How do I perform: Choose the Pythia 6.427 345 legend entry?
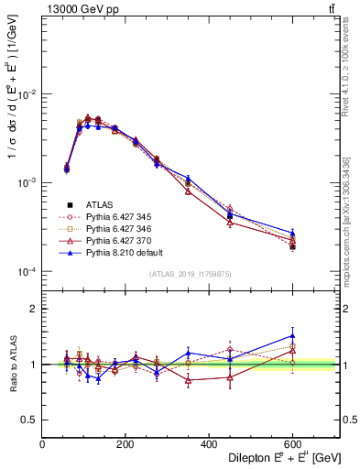pos(119,216)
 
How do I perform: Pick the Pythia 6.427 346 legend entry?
pos(119,228)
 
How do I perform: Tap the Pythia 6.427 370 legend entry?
pos(119,240)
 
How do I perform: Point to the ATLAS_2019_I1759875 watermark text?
pos(191,274)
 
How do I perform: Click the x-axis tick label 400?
pos(209,443)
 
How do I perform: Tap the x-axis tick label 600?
pos(292,443)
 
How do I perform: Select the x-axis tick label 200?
pos(125,443)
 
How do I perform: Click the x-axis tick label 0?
pos(42,443)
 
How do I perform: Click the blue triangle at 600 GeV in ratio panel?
pos(292,336)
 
